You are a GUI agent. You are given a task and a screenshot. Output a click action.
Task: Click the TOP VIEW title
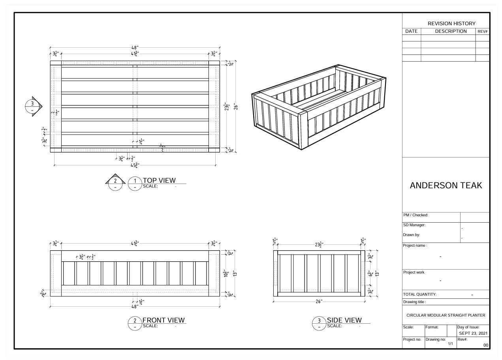point(159,180)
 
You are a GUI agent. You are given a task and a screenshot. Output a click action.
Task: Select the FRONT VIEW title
point(163,320)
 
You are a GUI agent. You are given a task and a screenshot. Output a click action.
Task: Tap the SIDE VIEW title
point(344,320)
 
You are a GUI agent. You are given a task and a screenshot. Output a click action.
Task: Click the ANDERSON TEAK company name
point(446,186)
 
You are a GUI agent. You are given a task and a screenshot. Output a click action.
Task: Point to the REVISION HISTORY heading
point(451,24)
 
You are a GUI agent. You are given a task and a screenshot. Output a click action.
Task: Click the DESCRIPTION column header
point(451,31)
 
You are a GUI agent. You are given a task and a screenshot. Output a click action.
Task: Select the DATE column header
point(411,31)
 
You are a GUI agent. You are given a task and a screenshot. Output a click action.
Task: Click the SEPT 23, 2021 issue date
point(473,333)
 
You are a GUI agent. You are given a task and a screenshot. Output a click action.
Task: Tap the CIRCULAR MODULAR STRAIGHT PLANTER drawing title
point(446,315)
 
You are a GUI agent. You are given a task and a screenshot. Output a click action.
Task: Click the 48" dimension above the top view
point(135,47)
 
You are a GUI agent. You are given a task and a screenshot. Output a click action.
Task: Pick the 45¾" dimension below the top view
point(135,165)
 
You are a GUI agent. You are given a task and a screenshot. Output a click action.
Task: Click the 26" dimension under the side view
point(319,302)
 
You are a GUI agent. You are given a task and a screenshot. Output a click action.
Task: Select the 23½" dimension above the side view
point(319,245)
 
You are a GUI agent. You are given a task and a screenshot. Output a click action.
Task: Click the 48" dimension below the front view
point(135,306)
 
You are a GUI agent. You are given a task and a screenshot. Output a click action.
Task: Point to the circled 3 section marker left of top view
point(32,106)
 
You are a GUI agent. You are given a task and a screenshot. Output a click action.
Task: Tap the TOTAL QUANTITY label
point(419,294)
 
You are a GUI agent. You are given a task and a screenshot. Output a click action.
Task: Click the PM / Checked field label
point(416,215)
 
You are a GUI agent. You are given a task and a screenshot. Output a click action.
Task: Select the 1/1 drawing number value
point(450,344)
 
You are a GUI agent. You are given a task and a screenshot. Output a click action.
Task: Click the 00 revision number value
point(485,345)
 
